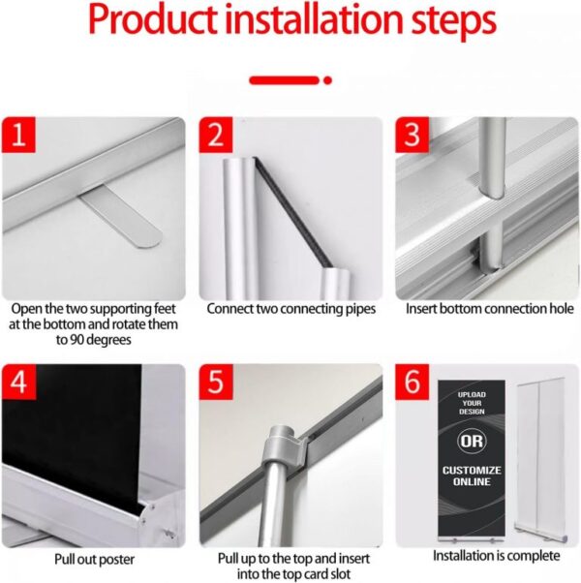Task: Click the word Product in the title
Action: [152, 19]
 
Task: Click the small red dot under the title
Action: [327, 80]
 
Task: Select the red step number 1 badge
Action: [18, 135]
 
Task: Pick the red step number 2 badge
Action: [216, 135]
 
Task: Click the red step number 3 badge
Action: [412, 135]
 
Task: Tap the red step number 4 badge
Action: [18, 382]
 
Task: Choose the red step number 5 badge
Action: [216, 382]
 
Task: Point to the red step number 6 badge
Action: [412, 382]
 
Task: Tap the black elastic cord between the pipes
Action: [292, 212]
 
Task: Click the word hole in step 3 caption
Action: [562, 309]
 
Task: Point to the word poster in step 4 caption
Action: [117, 560]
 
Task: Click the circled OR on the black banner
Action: [472, 442]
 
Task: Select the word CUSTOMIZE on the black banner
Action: [472, 471]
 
